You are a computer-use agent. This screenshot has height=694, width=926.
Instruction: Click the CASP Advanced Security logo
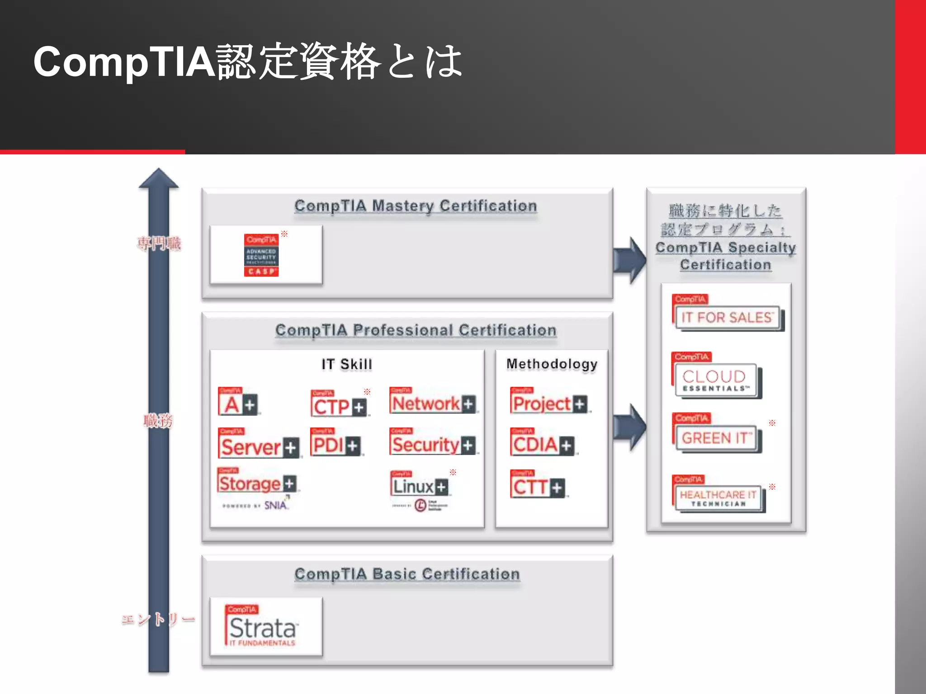pos(261,255)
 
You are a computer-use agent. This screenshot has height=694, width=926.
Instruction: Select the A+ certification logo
pos(238,401)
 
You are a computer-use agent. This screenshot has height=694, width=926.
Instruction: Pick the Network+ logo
pos(433,401)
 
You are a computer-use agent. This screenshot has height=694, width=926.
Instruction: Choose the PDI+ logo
pos(335,442)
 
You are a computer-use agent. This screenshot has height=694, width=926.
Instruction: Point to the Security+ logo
pos(433,442)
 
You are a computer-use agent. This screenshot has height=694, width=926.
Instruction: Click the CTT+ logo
pos(538,484)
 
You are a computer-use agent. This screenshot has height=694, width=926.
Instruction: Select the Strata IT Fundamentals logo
pos(262,626)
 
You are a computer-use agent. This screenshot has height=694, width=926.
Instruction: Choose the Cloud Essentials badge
pos(716,375)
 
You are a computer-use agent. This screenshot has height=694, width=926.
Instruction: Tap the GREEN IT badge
pos(716,433)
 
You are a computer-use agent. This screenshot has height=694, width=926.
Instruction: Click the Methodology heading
pos(552,364)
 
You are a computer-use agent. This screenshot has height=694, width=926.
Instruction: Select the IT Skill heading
pos(347,364)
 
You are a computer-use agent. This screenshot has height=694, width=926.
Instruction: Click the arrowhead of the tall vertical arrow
pos(159,179)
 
